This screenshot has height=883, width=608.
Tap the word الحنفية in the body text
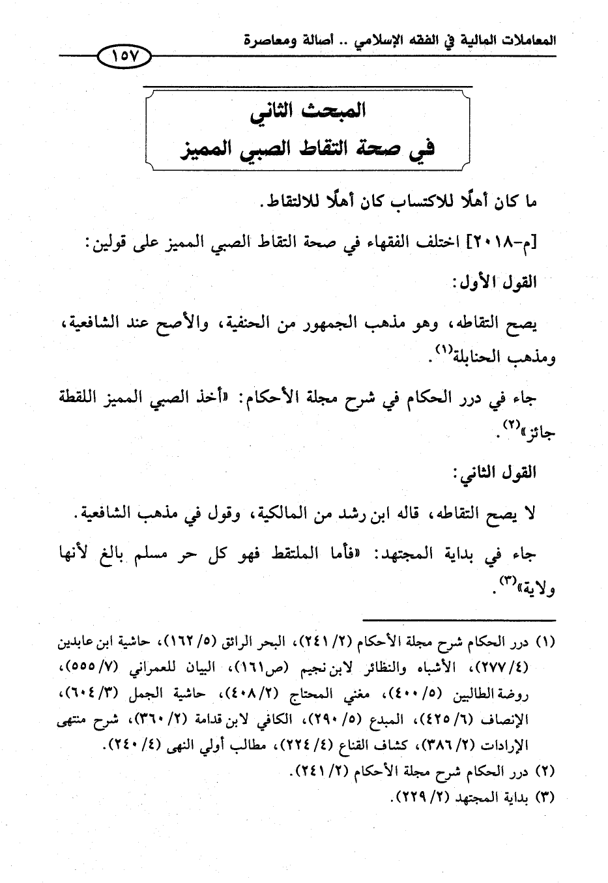(263, 323)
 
